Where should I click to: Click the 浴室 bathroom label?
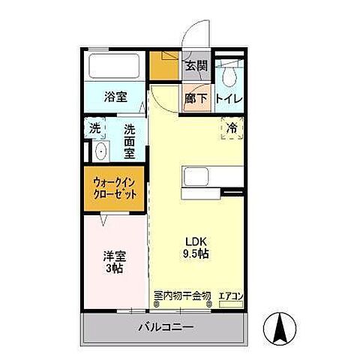(x=115, y=97)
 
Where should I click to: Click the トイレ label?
(x=228, y=98)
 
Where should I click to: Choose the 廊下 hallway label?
(x=196, y=97)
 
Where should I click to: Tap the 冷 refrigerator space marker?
(x=232, y=129)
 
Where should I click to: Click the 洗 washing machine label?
(x=95, y=128)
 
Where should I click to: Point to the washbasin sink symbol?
(x=100, y=152)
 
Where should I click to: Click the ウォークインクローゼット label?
(x=115, y=187)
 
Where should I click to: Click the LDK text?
(x=196, y=241)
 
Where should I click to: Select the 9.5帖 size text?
(x=197, y=253)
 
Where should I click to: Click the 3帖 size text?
(x=114, y=268)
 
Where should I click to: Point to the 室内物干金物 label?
(x=182, y=295)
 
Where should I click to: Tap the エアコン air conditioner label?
(x=231, y=296)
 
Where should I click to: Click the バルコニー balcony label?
(x=166, y=328)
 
